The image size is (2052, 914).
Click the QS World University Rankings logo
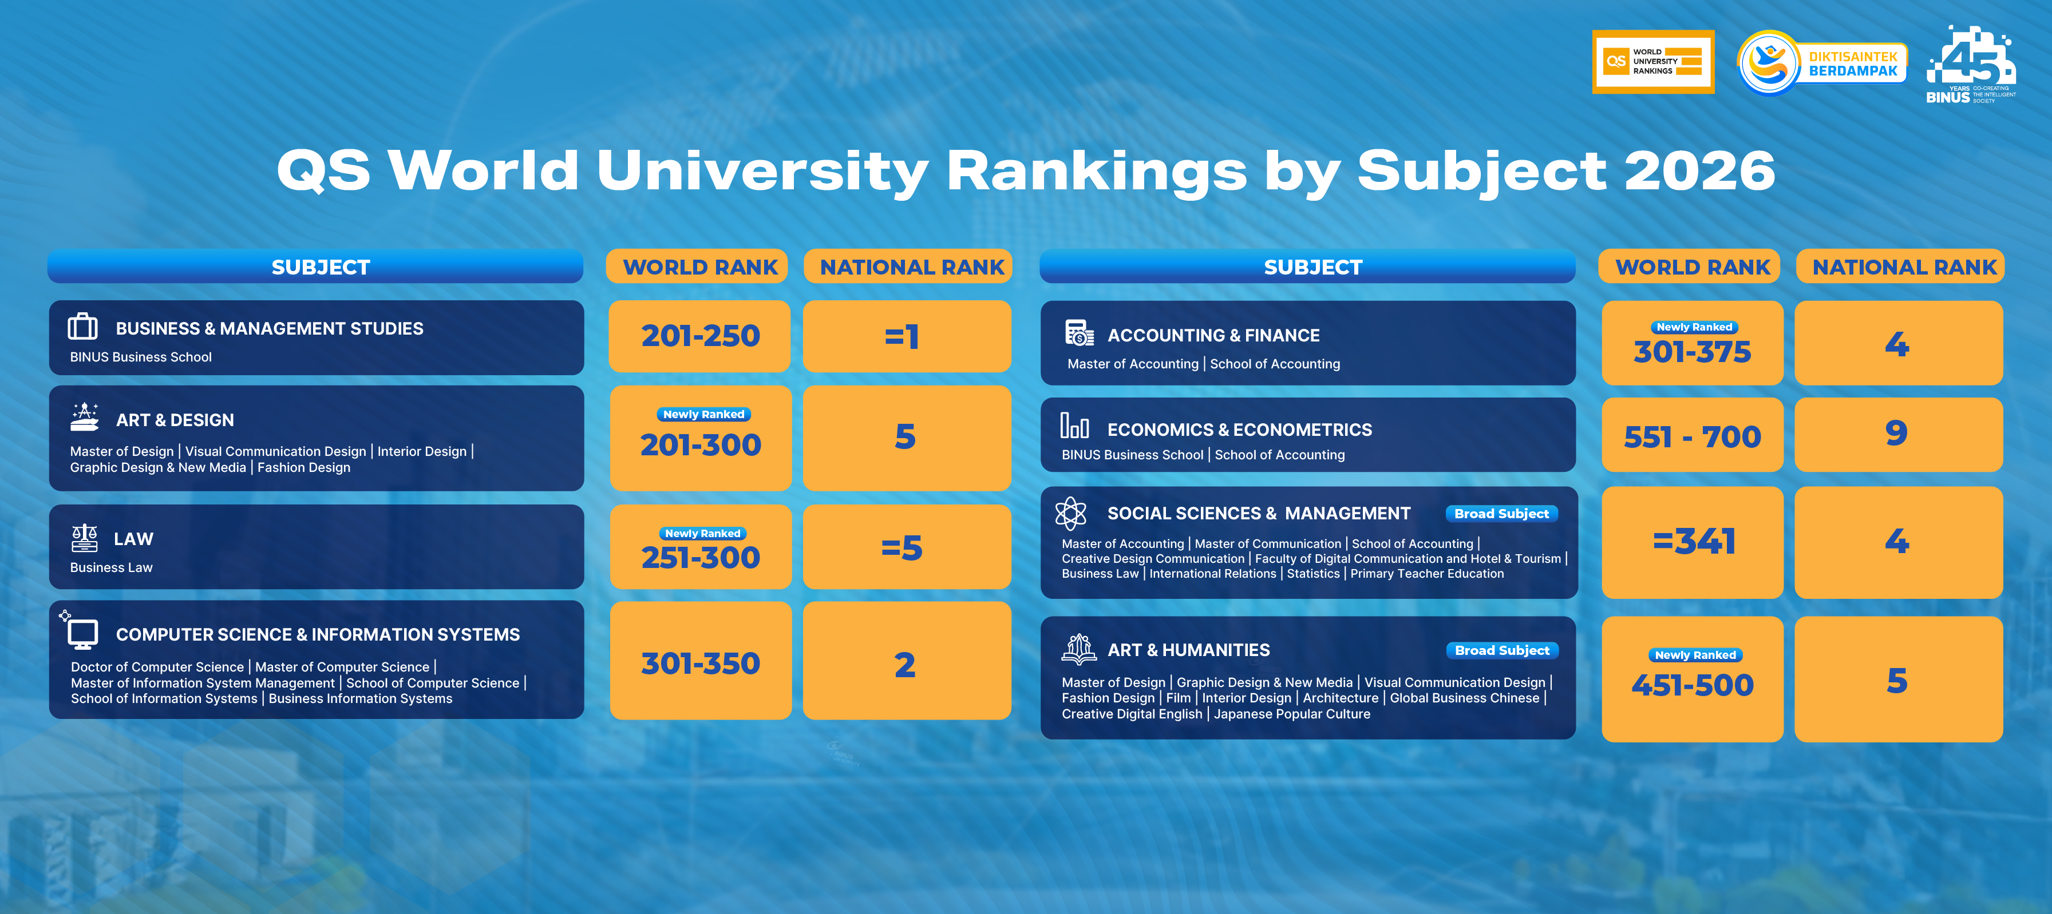click(x=1653, y=62)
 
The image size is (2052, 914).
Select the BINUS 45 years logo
click(x=1971, y=65)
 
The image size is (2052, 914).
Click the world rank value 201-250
click(x=700, y=336)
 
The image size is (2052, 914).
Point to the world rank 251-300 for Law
click(x=700, y=557)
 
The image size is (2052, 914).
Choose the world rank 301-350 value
click(x=700, y=663)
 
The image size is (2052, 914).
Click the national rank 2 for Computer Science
click(x=905, y=665)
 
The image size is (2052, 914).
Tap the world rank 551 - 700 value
click(x=1692, y=437)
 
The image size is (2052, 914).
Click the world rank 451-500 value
click(x=1692, y=685)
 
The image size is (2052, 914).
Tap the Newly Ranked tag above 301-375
click(x=1694, y=327)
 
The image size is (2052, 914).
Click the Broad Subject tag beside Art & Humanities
click(x=1501, y=650)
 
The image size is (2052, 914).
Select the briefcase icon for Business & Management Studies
click(x=83, y=327)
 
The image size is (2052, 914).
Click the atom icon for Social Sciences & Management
click(x=1070, y=514)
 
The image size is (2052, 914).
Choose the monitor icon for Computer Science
click(x=83, y=634)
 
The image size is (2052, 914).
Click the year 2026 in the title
click(x=1699, y=170)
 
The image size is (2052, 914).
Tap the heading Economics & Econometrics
click(x=1239, y=430)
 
